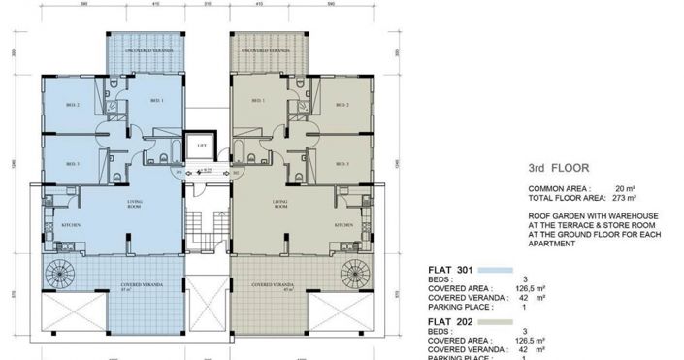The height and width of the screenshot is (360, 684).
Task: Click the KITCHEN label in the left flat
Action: (70, 225)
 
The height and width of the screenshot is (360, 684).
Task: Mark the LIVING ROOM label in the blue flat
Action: (133, 205)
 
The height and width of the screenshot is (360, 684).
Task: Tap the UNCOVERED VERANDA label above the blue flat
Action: (141, 49)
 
